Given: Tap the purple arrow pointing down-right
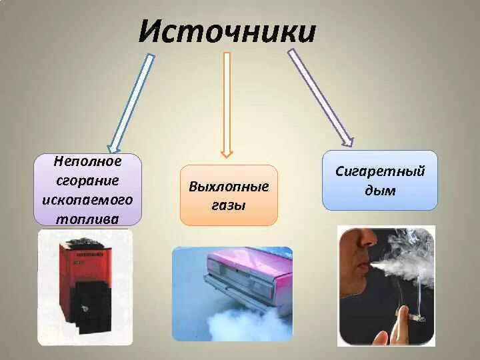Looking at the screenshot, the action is (x=321, y=97).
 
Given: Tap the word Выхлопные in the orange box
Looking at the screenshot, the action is (x=229, y=187).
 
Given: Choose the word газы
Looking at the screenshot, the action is (x=229, y=205).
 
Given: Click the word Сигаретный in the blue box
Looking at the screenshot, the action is (x=381, y=172).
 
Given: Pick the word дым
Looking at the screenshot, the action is (x=381, y=191).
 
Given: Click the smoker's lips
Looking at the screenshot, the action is (x=364, y=267).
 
